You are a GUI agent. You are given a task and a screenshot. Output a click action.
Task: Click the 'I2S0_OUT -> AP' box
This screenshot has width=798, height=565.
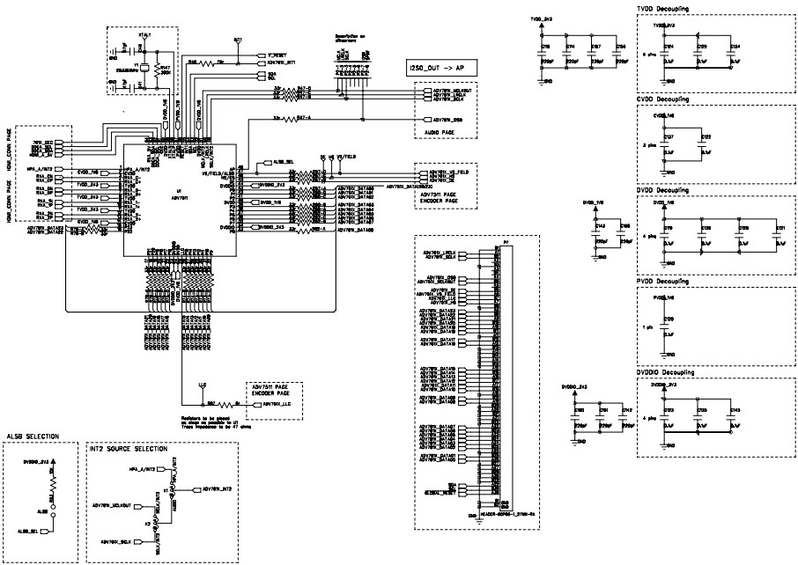point(440,69)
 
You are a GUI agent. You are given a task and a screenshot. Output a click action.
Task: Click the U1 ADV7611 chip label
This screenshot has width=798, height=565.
point(180,194)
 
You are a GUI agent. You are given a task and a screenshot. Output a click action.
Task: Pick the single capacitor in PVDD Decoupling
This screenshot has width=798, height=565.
point(667,322)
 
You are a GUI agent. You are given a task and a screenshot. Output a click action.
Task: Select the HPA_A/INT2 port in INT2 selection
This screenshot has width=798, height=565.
point(142,469)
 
